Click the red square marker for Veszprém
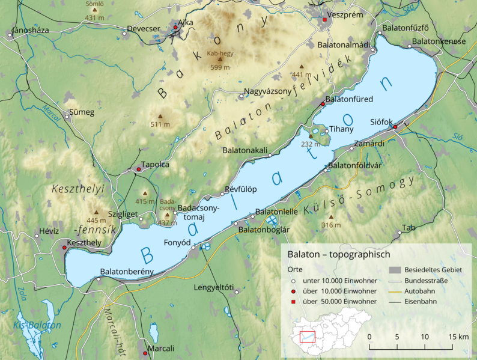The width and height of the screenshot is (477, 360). coord(326,20)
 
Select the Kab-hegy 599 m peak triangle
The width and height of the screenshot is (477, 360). coord(219,59)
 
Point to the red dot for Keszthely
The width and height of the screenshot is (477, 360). coord(65,248)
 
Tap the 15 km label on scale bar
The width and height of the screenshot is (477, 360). coord(458,337)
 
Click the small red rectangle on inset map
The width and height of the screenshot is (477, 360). coord(308,337)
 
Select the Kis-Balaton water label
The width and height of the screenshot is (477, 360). coord(37,325)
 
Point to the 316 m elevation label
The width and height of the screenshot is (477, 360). coord(330,225)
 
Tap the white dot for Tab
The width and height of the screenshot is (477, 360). coord(399,233)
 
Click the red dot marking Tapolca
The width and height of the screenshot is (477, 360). coord(139,169)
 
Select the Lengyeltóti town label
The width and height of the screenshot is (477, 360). coord(213,287)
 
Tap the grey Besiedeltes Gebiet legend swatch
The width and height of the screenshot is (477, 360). coord(394,270)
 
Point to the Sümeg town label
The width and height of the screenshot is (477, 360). coord(82,112)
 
